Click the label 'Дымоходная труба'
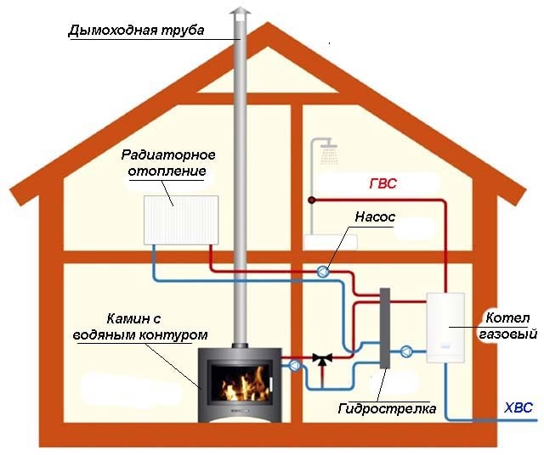pyautogui.click(x=136, y=31)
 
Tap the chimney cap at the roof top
pyautogui.click(x=240, y=14)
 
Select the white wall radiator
pyautogui.click(x=181, y=220)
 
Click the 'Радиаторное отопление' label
pyautogui.click(x=168, y=163)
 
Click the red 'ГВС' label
pyautogui.click(x=382, y=183)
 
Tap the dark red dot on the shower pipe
pyautogui.click(x=312, y=200)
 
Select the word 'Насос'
pyautogui.click(x=375, y=217)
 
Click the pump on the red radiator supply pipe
pyautogui.click(x=323, y=272)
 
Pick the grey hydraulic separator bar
pyautogui.click(x=385, y=328)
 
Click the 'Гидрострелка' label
pyautogui.click(x=387, y=408)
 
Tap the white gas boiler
pyautogui.click(x=445, y=328)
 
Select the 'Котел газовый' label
pyautogui.click(x=507, y=326)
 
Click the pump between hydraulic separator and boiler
pyautogui.click(x=406, y=351)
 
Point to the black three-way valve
pyautogui.click(x=322, y=359)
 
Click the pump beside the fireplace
pyautogui.click(x=295, y=365)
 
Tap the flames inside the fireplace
pyautogui.click(x=244, y=385)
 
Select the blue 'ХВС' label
pyautogui.click(x=518, y=407)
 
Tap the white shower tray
pyautogui.click(x=331, y=242)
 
